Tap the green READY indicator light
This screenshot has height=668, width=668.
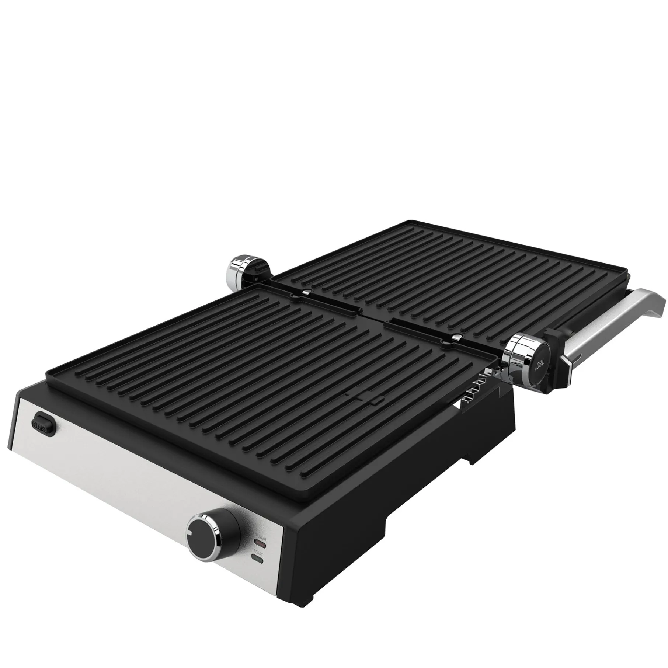(258, 571)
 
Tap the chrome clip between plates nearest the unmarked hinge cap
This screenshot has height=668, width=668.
(306, 292)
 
